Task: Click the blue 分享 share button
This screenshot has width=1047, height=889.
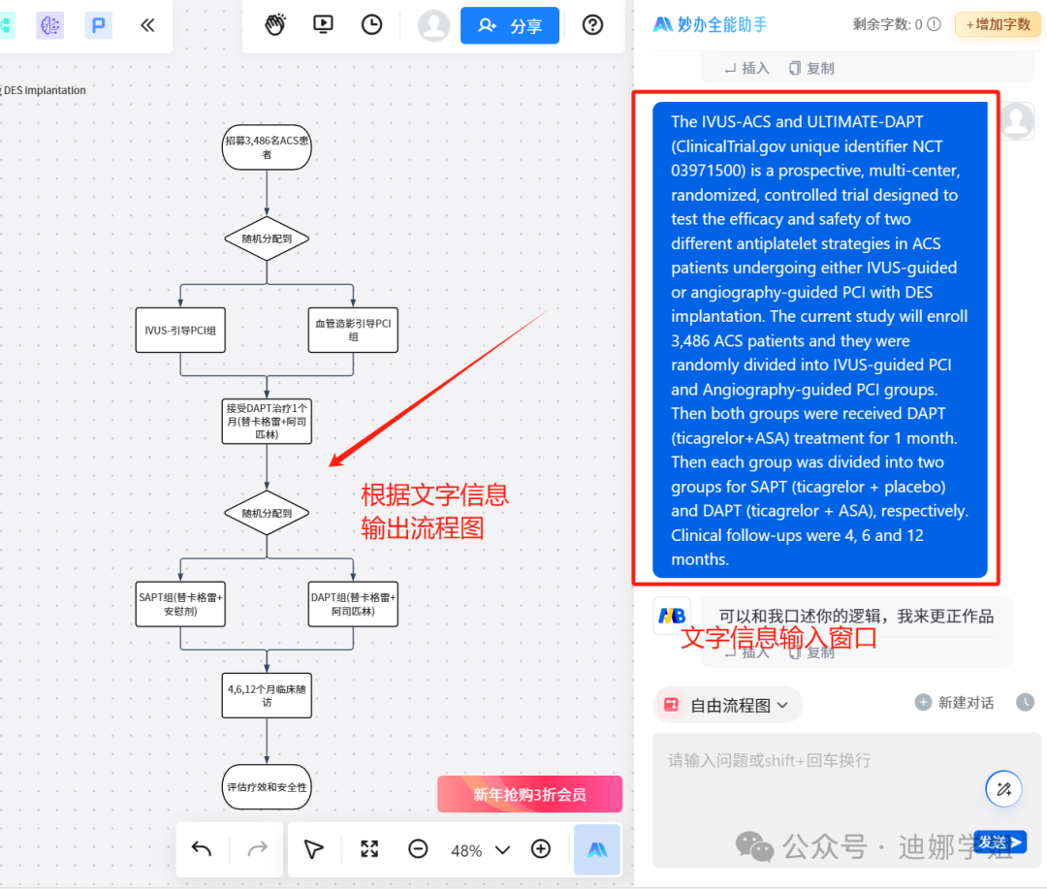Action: (x=510, y=26)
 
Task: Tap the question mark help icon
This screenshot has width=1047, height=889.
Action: (x=592, y=25)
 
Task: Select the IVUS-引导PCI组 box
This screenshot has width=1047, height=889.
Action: (x=180, y=331)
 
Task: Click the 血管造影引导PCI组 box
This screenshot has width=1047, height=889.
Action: (x=353, y=331)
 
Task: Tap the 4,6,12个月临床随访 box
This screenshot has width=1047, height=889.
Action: (x=267, y=696)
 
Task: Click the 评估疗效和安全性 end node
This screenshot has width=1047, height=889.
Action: (x=267, y=787)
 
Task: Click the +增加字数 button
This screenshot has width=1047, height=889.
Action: (x=998, y=24)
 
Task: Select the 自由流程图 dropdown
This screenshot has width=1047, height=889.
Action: (x=728, y=705)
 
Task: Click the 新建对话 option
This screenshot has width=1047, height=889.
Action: (x=955, y=703)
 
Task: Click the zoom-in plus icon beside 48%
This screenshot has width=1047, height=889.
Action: (x=541, y=849)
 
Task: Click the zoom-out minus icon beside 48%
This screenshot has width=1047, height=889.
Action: (x=418, y=849)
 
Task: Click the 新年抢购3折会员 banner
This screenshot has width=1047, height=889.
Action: (x=529, y=794)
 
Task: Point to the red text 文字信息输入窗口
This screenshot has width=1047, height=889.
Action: (x=778, y=637)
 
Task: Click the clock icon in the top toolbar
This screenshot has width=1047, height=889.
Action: (x=371, y=25)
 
